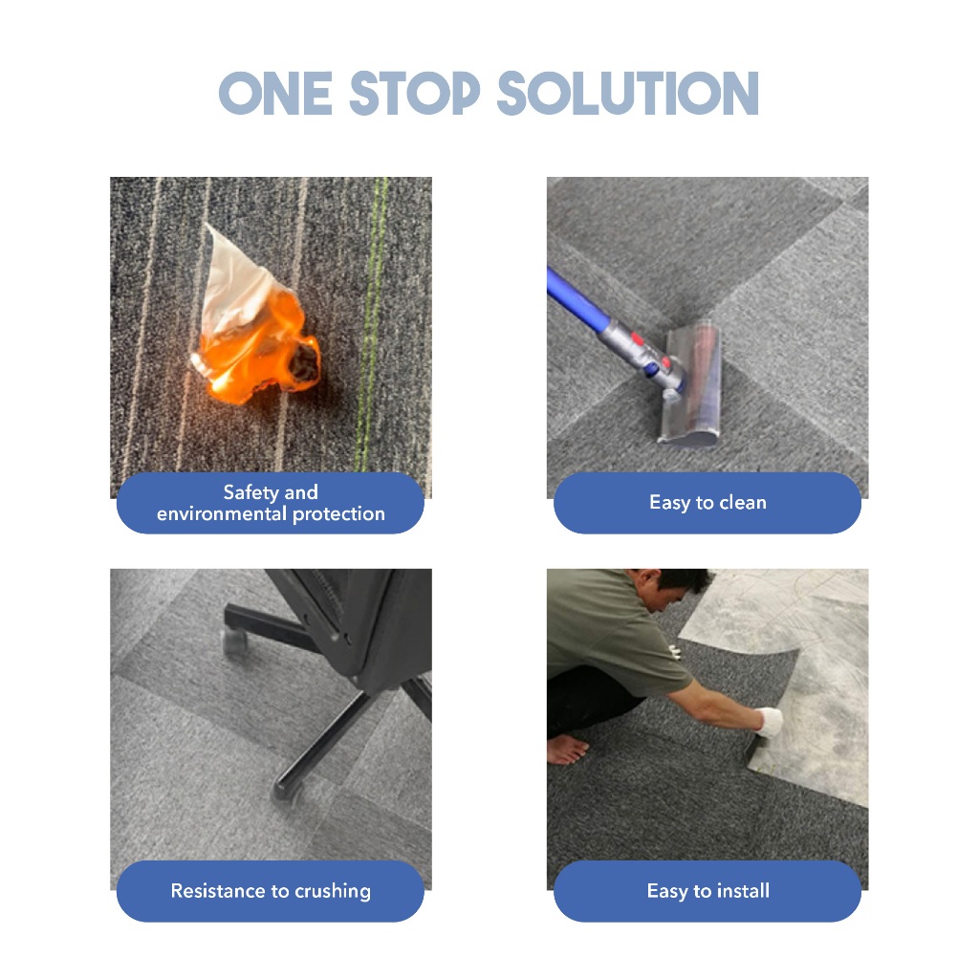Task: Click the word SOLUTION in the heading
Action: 627,93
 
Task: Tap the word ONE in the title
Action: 275,93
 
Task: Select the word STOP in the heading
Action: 415,93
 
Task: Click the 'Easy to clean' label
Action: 707,503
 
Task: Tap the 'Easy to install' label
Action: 708,891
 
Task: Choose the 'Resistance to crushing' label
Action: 271,891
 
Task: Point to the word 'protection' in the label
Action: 338,513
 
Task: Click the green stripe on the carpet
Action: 373,325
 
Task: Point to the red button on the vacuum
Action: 637,339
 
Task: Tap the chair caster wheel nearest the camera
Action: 286,792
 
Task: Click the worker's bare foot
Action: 566,749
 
